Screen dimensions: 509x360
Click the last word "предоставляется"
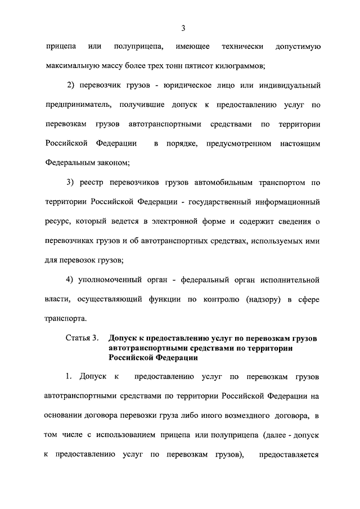click(x=289, y=454)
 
